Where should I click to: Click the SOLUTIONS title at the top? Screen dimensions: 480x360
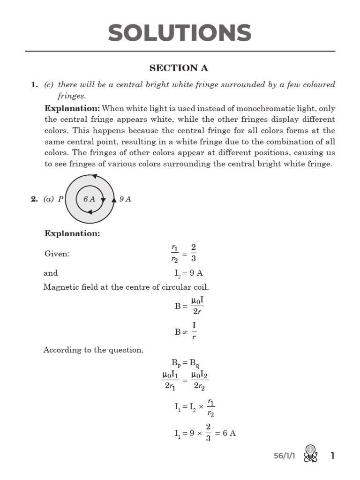point(180,33)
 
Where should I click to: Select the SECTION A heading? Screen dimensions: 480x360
point(179,68)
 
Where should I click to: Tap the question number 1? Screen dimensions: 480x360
point(34,85)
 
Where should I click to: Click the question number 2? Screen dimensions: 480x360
point(34,199)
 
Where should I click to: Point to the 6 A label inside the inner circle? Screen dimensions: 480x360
point(89,199)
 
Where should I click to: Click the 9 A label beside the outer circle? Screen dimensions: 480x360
point(125,199)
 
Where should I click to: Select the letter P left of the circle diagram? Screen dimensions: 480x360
point(60,199)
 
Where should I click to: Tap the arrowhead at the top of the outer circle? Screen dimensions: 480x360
point(94,176)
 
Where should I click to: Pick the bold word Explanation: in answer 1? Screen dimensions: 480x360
point(72,108)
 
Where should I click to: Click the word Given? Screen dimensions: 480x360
point(57,254)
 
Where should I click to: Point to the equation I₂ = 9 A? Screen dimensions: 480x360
point(188,273)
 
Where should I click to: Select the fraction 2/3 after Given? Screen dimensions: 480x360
point(194,253)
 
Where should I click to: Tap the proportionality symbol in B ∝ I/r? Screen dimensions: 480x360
point(184,332)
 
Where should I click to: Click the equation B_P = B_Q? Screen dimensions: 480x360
point(186,362)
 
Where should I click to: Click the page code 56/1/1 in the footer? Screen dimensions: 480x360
point(285,456)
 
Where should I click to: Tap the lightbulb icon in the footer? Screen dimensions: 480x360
point(311,453)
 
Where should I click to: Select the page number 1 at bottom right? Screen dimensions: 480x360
point(332,456)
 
